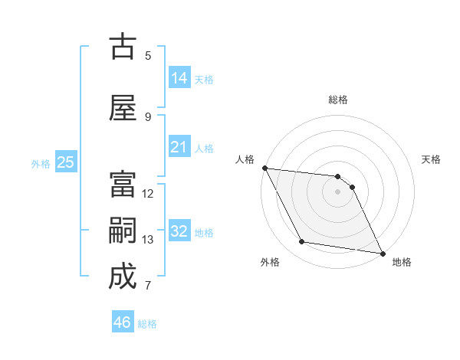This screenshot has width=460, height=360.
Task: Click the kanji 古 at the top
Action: pyautogui.click(x=123, y=47)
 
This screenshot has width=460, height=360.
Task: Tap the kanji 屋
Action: pyautogui.click(x=123, y=108)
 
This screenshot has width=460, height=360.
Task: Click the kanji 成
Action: pyautogui.click(x=123, y=277)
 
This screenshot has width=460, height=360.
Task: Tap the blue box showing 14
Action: pyautogui.click(x=179, y=77)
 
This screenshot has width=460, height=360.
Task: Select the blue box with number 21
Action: pyautogui.click(x=179, y=147)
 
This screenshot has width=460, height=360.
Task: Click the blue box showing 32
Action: pyautogui.click(x=179, y=231)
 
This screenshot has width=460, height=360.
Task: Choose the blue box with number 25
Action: pyautogui.click(x=65, y=162)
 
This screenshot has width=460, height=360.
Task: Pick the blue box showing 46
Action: pyautogui.click(x=123, y=322)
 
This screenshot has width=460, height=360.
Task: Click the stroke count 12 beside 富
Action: pyautogui.click(x=148, y=194)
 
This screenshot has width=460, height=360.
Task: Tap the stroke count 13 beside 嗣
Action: pyautogui.click(x=148, y=240)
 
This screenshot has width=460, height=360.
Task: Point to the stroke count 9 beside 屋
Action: pyautogui.click(x=148, y=116)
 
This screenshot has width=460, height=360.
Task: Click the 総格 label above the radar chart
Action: pyautogui.click(x=338, y=100)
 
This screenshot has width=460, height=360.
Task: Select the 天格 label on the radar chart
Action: pyautogui.click(x=432, y=159)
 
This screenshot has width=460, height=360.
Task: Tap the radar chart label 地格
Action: pyautogui.click(x=402, y=262)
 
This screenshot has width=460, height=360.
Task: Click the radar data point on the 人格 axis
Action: pyautogui.click(x=264, y=168)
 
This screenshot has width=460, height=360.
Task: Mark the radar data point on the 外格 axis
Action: pyautogui.click(x=302, y=243)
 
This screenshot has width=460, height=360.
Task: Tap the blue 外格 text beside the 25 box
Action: pyautogui.click(x=41, y=163)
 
